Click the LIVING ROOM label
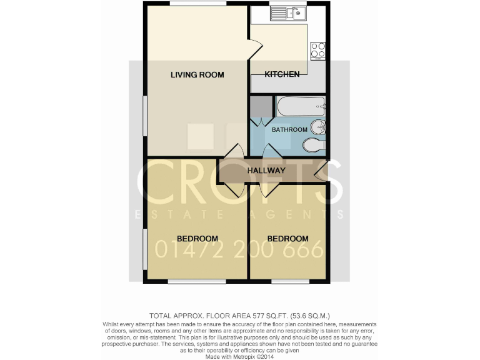tap(197, 75)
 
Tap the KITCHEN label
tap(282, 74)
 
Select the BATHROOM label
tap(289, 129)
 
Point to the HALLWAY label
tap(266, 171)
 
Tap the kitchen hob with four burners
tap(318, 49)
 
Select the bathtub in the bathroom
tap(299, 107)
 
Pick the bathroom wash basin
tap(319, 127)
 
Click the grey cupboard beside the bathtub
tap(261, 107)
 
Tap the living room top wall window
tap(197, 4)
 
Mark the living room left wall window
tap(144, 116)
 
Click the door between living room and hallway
tap(236, 152)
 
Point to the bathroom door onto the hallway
tap(272, 152)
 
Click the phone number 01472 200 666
tap(239, 251)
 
